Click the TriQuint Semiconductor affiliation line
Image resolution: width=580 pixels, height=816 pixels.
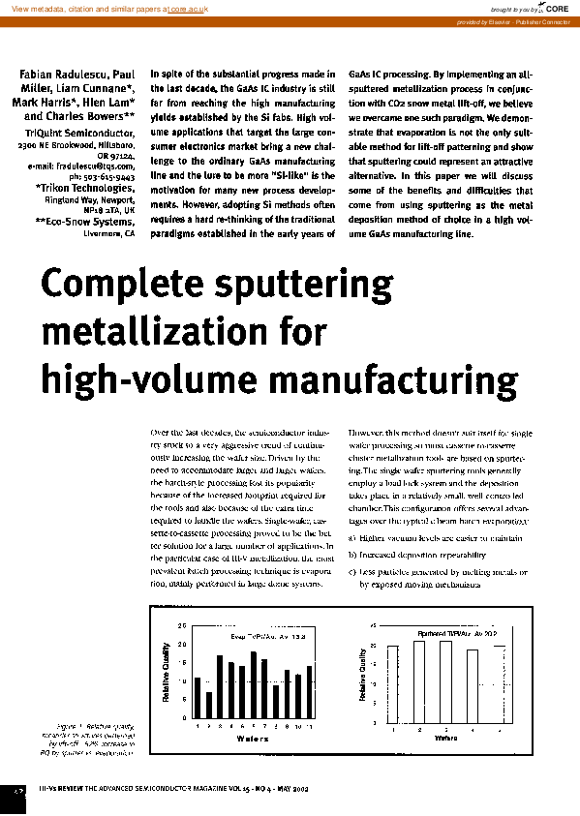tap(79, 130)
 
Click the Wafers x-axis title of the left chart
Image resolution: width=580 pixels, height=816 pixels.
tap(254, 738)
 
